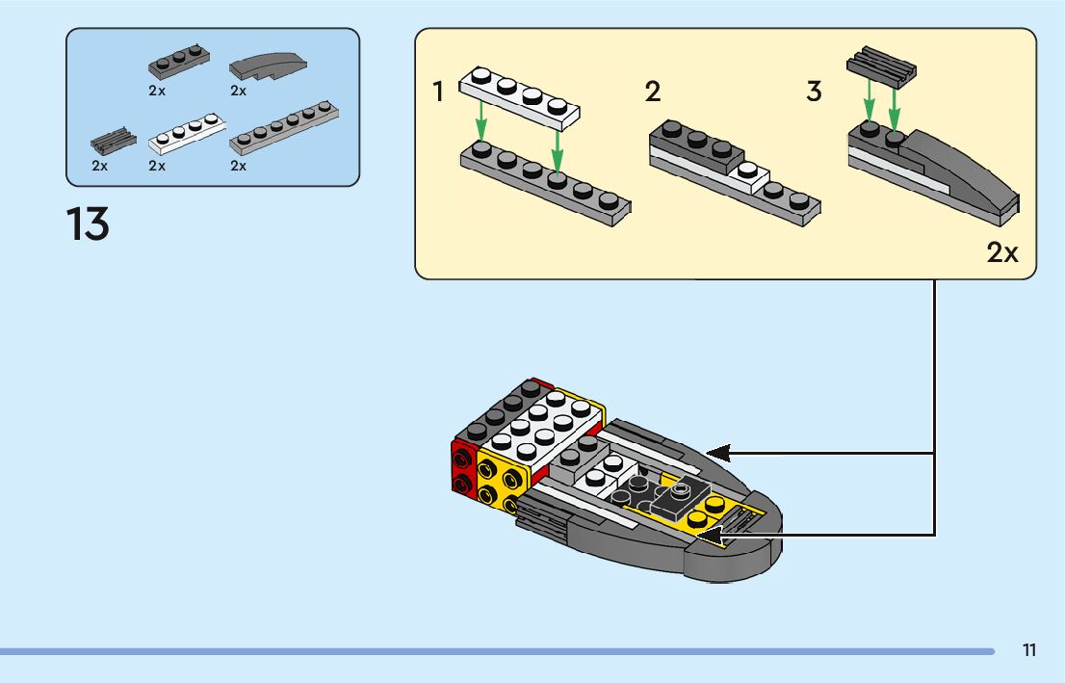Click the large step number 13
coord(88,223)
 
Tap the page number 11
coord(1029,650)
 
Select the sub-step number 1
coord(439,92)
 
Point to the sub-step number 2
coord(653,92)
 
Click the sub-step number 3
coord(815,92)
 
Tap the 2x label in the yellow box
coord(1002,252)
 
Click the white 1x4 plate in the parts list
coord(188,135)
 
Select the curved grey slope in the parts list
coord(270,66)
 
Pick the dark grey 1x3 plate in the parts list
coord(179,64)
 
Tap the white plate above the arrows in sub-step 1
coord(521,97)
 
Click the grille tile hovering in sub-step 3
coord(881,66)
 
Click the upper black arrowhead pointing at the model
coord(717,452)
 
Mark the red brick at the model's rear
coord(464,471)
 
